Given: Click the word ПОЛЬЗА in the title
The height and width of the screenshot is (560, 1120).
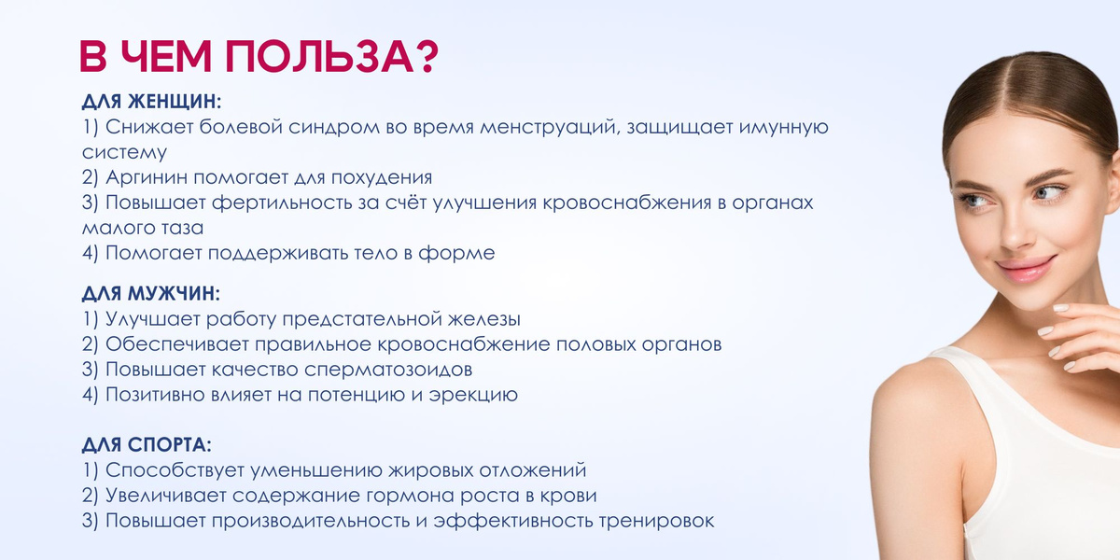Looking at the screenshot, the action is coord(319,57).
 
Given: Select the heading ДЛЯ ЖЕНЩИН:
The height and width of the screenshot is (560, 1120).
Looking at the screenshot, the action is coord(151,102).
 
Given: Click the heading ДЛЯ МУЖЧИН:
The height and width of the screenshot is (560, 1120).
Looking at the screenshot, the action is coord(151,294).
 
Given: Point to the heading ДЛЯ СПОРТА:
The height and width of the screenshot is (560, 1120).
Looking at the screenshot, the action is coord(147,445).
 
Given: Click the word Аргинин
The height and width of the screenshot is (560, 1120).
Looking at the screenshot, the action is coord(147,177).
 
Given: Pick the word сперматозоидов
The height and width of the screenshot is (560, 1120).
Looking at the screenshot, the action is coord(388,370).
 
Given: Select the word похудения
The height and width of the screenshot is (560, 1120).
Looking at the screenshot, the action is coord(382,178).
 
